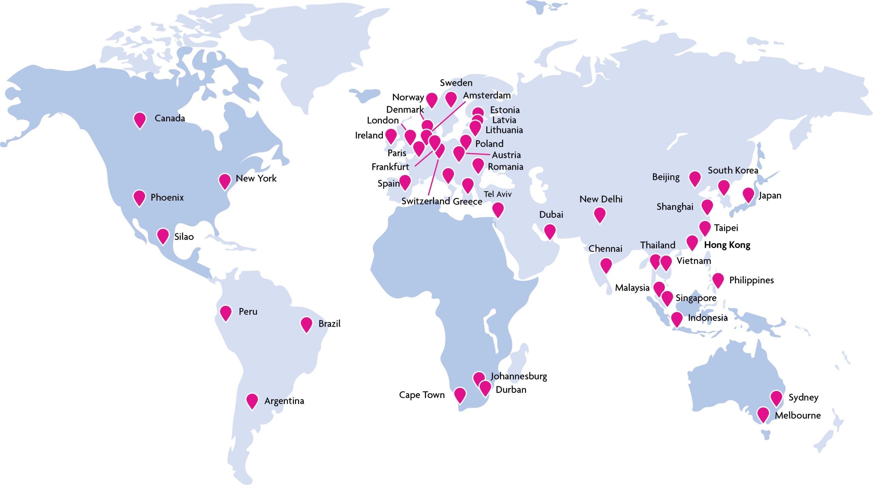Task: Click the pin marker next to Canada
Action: (x=140, y=120)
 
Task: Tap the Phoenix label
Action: (x=167, y=197)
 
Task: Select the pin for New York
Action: (x=225, y=181)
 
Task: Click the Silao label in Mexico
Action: (x=184, y=237)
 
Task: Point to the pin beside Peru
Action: (x=226, y=312)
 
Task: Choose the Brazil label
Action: (x=329, y=323)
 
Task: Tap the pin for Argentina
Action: (x=252, y=400)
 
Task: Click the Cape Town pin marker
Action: (x=460, y=395)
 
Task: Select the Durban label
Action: (x=511, y=390)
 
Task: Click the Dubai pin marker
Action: (x=550, y=231)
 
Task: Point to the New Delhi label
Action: (x=601, y=199)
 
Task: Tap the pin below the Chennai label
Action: (x=606, y=265)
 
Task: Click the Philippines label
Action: (x=751, y=280)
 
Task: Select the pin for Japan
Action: (x=748, y=194)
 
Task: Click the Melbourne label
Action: (x=798, y=415)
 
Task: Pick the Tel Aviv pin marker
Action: (x=498, y=209)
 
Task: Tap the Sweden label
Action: (x=456, y=83)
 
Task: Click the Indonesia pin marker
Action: (x=677, y=319)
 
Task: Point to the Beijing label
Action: (x=666, y=177)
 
